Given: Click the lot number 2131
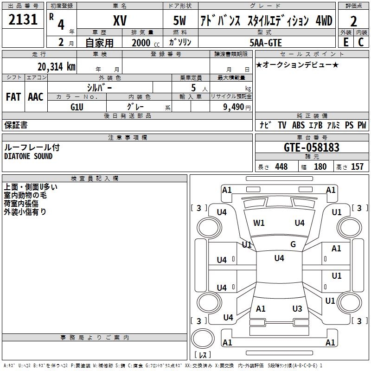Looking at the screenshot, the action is pos(23,19).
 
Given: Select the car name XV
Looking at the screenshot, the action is pos(120,20).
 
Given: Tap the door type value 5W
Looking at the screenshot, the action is pos(179,20).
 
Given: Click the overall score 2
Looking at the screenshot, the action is pos(353,21).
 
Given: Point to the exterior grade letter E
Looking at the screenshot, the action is pos(346,42).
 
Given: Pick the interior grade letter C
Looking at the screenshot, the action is pos(361,42).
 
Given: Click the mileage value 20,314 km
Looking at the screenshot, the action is pos(57,67).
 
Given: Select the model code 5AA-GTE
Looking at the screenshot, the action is pos(266,43).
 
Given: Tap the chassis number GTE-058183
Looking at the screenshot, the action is pos(311,147).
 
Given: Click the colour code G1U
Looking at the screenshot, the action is pos(77,107).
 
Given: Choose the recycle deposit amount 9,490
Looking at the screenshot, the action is pos(234,107).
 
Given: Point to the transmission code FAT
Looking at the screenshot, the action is pos(13,97).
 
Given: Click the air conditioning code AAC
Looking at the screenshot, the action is pos(36,97).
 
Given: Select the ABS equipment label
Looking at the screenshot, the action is pos(298,125).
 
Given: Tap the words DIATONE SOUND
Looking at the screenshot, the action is pos(28,156).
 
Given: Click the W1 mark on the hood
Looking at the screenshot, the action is pos(259,223).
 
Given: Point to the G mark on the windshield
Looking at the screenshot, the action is pos(293,244).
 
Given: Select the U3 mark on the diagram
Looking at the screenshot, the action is pos(297,308).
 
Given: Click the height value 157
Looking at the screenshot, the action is pos(357,166).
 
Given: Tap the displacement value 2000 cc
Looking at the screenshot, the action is pos(146,43).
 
